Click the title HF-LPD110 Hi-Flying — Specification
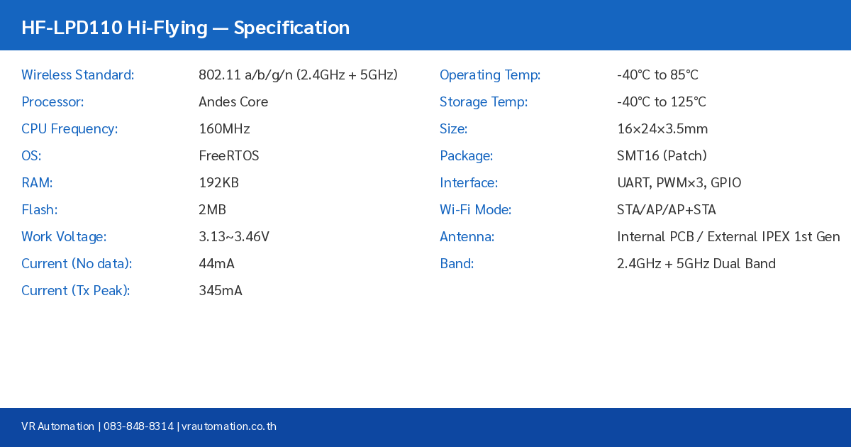185,28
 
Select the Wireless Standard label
77,75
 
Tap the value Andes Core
233,102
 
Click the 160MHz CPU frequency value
224,129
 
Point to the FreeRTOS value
228,156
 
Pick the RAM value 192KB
218,183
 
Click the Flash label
40,210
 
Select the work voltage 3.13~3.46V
233,237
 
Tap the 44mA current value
216,264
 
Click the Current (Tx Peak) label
75,291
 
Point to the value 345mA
220,291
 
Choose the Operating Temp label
490,75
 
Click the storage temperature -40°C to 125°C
661,102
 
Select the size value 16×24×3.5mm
662,129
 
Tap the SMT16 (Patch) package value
662,156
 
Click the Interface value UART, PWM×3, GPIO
679,183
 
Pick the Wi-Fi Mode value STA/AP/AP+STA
666,210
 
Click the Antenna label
467,237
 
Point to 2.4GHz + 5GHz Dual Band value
696,264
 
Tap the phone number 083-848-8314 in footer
138,426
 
